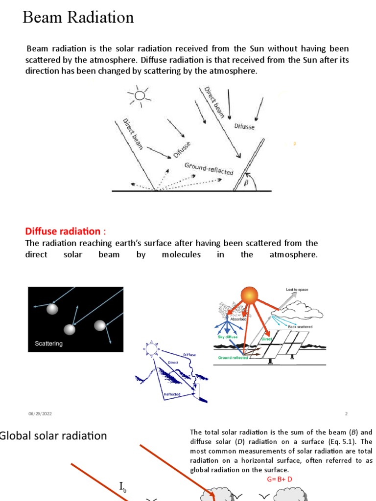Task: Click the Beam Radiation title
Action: click(78, 18)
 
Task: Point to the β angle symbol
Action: click(246, 183)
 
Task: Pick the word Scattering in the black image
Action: click(49, 343)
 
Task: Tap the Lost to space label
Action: click(297, 290)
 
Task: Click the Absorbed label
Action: click(238, 319)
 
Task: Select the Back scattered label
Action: click(300, 326)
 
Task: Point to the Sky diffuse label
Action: click(228, 337)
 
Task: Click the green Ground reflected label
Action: click(233, 358)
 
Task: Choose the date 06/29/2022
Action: click(40, 414)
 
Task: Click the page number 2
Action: click(346, 414)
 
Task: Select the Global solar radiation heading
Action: click(53, 435)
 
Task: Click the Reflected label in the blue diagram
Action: click(172, 394)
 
